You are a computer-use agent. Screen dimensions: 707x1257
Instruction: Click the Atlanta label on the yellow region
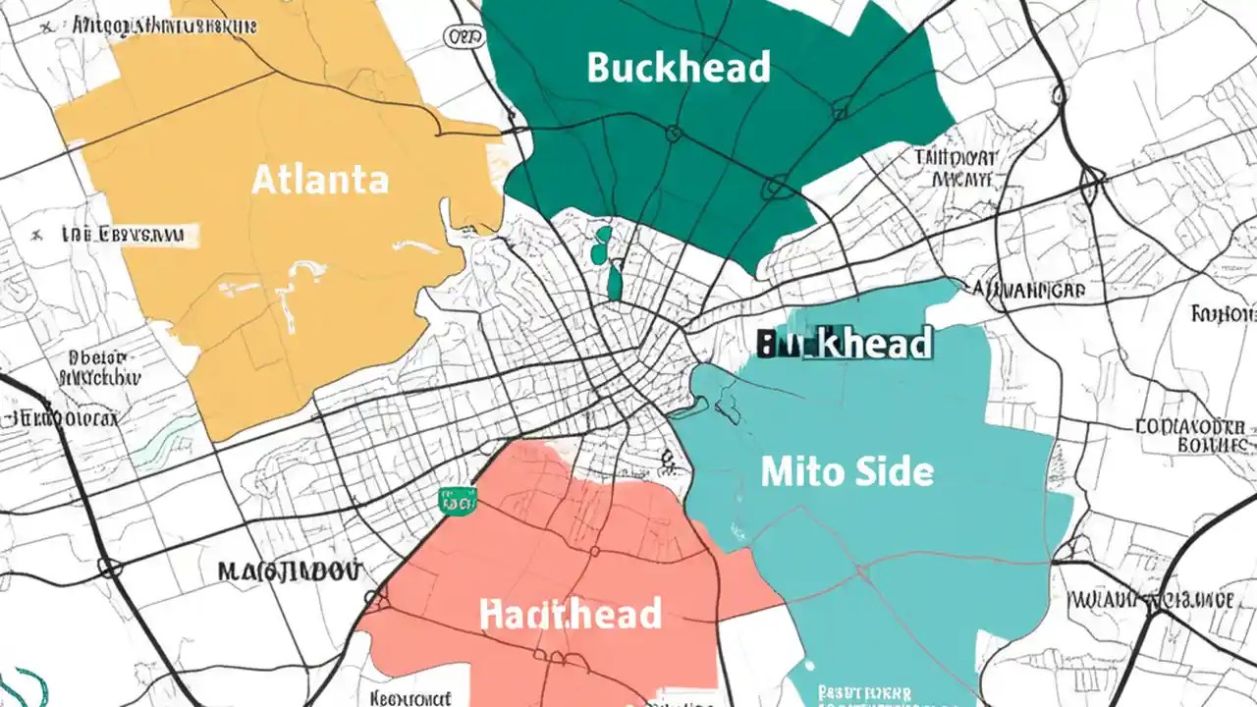point(320,180)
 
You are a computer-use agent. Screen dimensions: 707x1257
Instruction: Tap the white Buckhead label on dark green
point(678,68)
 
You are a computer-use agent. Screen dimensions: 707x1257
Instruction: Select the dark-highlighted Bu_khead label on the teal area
point(845,345)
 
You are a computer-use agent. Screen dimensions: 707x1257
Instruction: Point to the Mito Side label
point(847,472)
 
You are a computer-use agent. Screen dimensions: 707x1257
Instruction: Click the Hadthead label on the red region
point(571,614)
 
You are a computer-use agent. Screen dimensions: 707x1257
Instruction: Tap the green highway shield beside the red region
point(459,502)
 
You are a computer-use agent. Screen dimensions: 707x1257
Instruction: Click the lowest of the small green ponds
point(615,282)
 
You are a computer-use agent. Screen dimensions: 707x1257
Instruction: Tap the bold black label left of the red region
point(289,571)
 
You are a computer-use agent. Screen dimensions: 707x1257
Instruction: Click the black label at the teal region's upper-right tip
point(1027,290)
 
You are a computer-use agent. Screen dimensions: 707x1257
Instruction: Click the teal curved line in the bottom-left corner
point(29,687)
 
